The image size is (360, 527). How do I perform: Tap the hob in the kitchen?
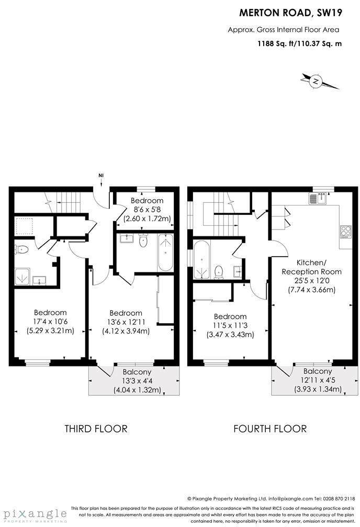coord(346,231)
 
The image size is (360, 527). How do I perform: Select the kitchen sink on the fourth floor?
coord(318,198)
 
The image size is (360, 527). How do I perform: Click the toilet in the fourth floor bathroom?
coord(219,271)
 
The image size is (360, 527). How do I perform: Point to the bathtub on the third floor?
coord(165,252)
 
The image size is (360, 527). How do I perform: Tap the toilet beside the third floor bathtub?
coord(143,240)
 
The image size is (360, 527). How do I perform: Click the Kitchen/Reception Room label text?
coord(311,267)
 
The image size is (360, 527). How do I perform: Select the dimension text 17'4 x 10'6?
coord(50,322)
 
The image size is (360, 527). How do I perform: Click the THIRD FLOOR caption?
coord(96,429)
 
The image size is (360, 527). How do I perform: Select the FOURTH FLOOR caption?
coord(270,429)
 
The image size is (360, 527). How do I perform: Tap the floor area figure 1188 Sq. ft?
coord(276,44)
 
